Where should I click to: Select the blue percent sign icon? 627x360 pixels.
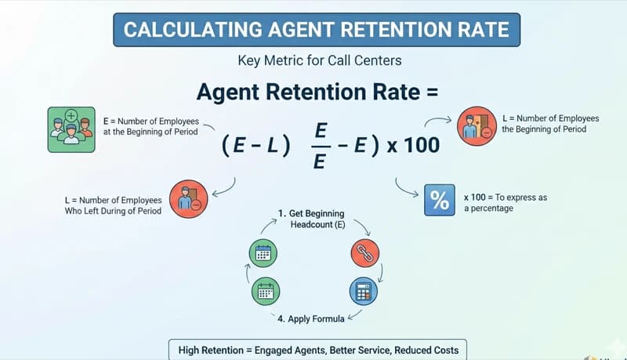pyautogui.click(x=440, y=199)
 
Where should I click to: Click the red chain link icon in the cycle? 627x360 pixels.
pyautogui.click(x=364, y=253)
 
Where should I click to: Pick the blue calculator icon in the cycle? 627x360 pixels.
pyautogui.click(x=363, y=291)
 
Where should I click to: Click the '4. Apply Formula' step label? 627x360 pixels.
pyautogui.click(x=312, y=318)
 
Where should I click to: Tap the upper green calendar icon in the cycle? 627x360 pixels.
pyautogui.click(x=263, y=253)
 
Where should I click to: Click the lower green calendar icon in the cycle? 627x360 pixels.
pyautogui.click(x=265, y=291)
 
